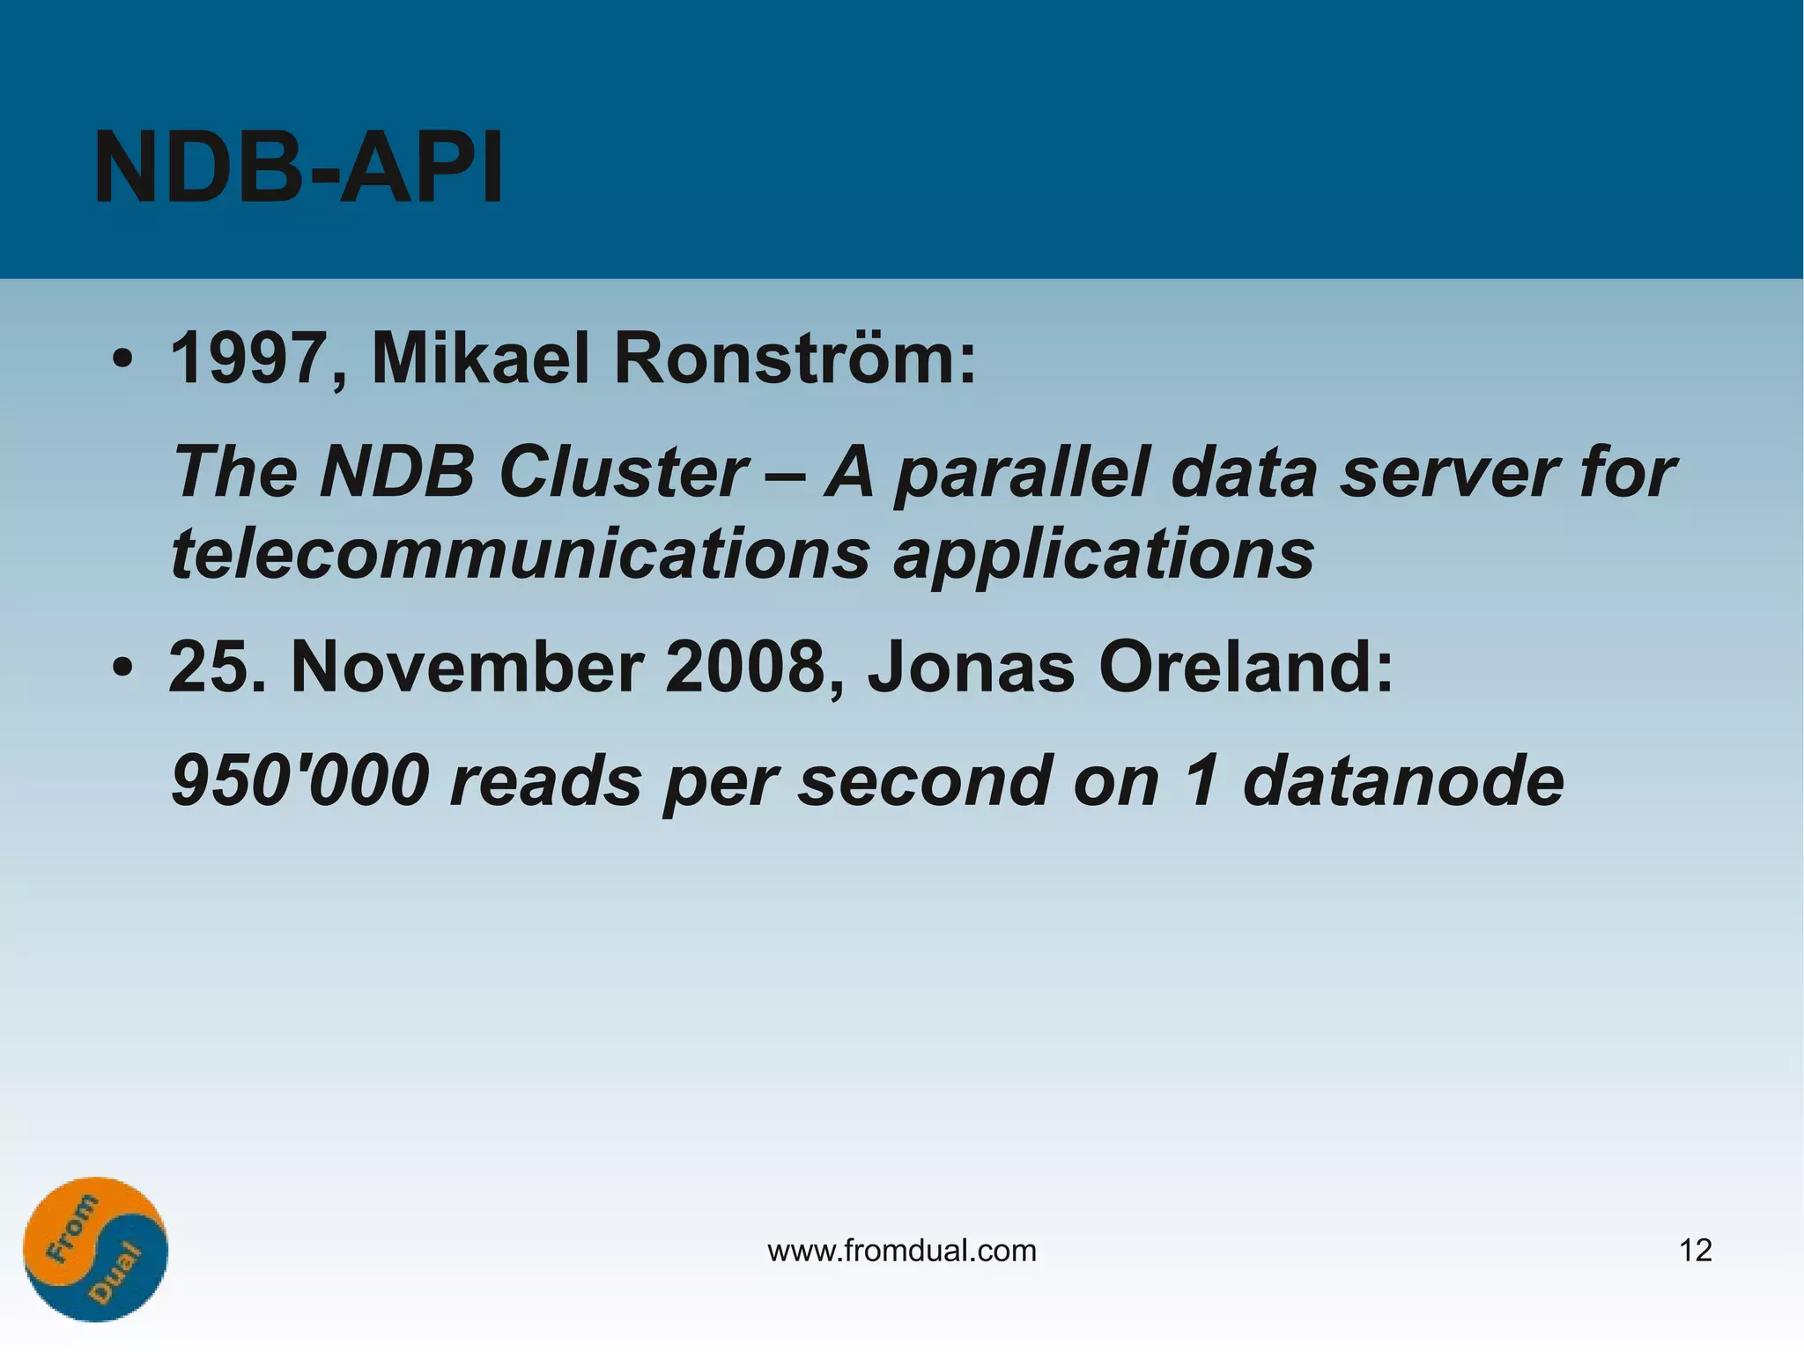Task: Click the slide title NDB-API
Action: (298, 167)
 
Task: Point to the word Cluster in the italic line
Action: (624, 472)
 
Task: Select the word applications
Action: (1104, 555)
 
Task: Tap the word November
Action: (467, 667)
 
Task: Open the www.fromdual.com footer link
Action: (902, 1250)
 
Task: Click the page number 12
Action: (1696, 1250)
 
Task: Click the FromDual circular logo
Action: (95, 1249)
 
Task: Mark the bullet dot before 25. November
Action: (122, 669)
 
